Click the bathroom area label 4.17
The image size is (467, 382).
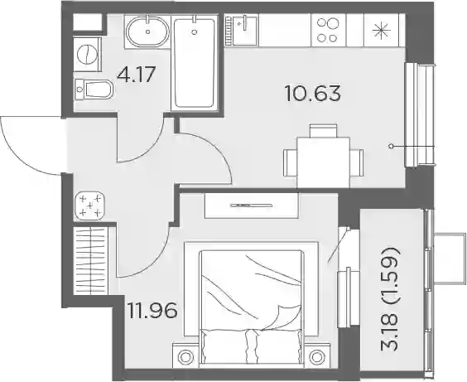coord(136,75)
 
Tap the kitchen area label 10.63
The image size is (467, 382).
coord(312,93)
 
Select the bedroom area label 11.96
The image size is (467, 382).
coord(152,310)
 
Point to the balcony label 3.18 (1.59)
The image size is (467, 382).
coord(389,298)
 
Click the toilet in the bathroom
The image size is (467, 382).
coord(94,89)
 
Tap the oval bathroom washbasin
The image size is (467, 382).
coord(147,31)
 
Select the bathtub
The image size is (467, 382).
coord(195,63)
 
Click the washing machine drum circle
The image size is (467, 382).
coord(87,54)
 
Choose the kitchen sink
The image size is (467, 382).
coord(244,31)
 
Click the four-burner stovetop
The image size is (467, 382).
coord(328,30)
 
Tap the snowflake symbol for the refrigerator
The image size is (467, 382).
coord(381,31)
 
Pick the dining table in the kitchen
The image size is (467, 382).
coord(324,162)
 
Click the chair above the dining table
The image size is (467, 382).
coord(324,131)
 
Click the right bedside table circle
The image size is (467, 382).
coord(316,356)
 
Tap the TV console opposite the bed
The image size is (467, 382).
coord(252,206)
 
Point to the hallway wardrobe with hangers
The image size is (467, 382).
coord(90,261)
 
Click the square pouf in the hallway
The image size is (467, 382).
coord(89,206)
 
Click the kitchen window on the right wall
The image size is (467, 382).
coord(419,115)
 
